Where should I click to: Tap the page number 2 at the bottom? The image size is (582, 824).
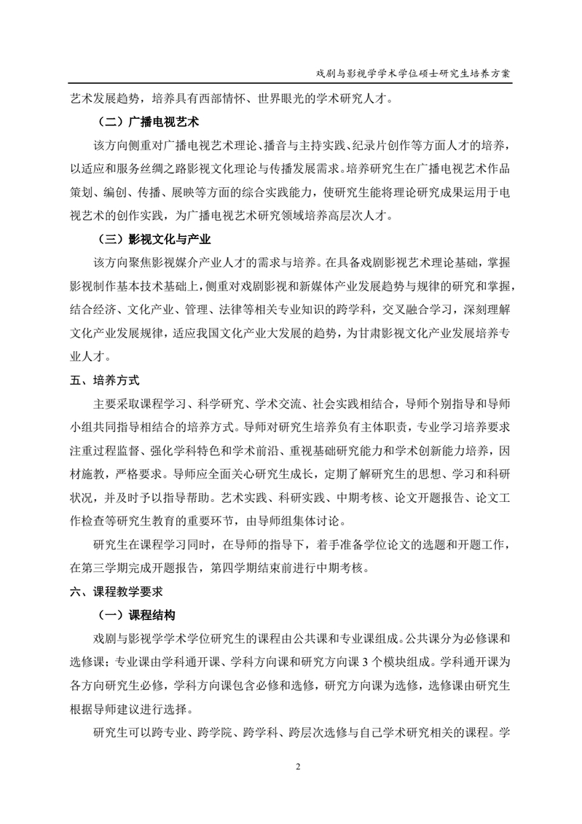click(x=297, y=766)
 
